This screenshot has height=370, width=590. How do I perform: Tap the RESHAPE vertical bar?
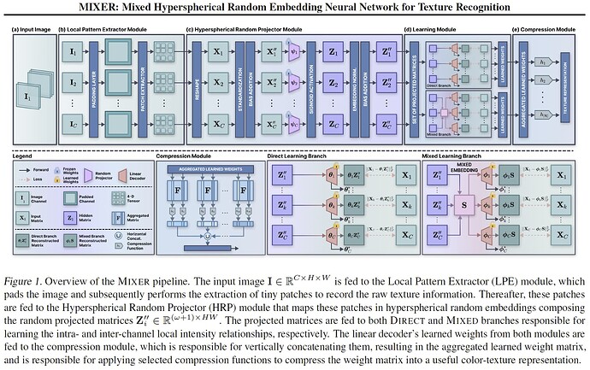pos(197,85)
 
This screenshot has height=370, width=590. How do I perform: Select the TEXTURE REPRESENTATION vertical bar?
pos(563,85)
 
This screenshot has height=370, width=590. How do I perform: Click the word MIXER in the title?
pos(107,9)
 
